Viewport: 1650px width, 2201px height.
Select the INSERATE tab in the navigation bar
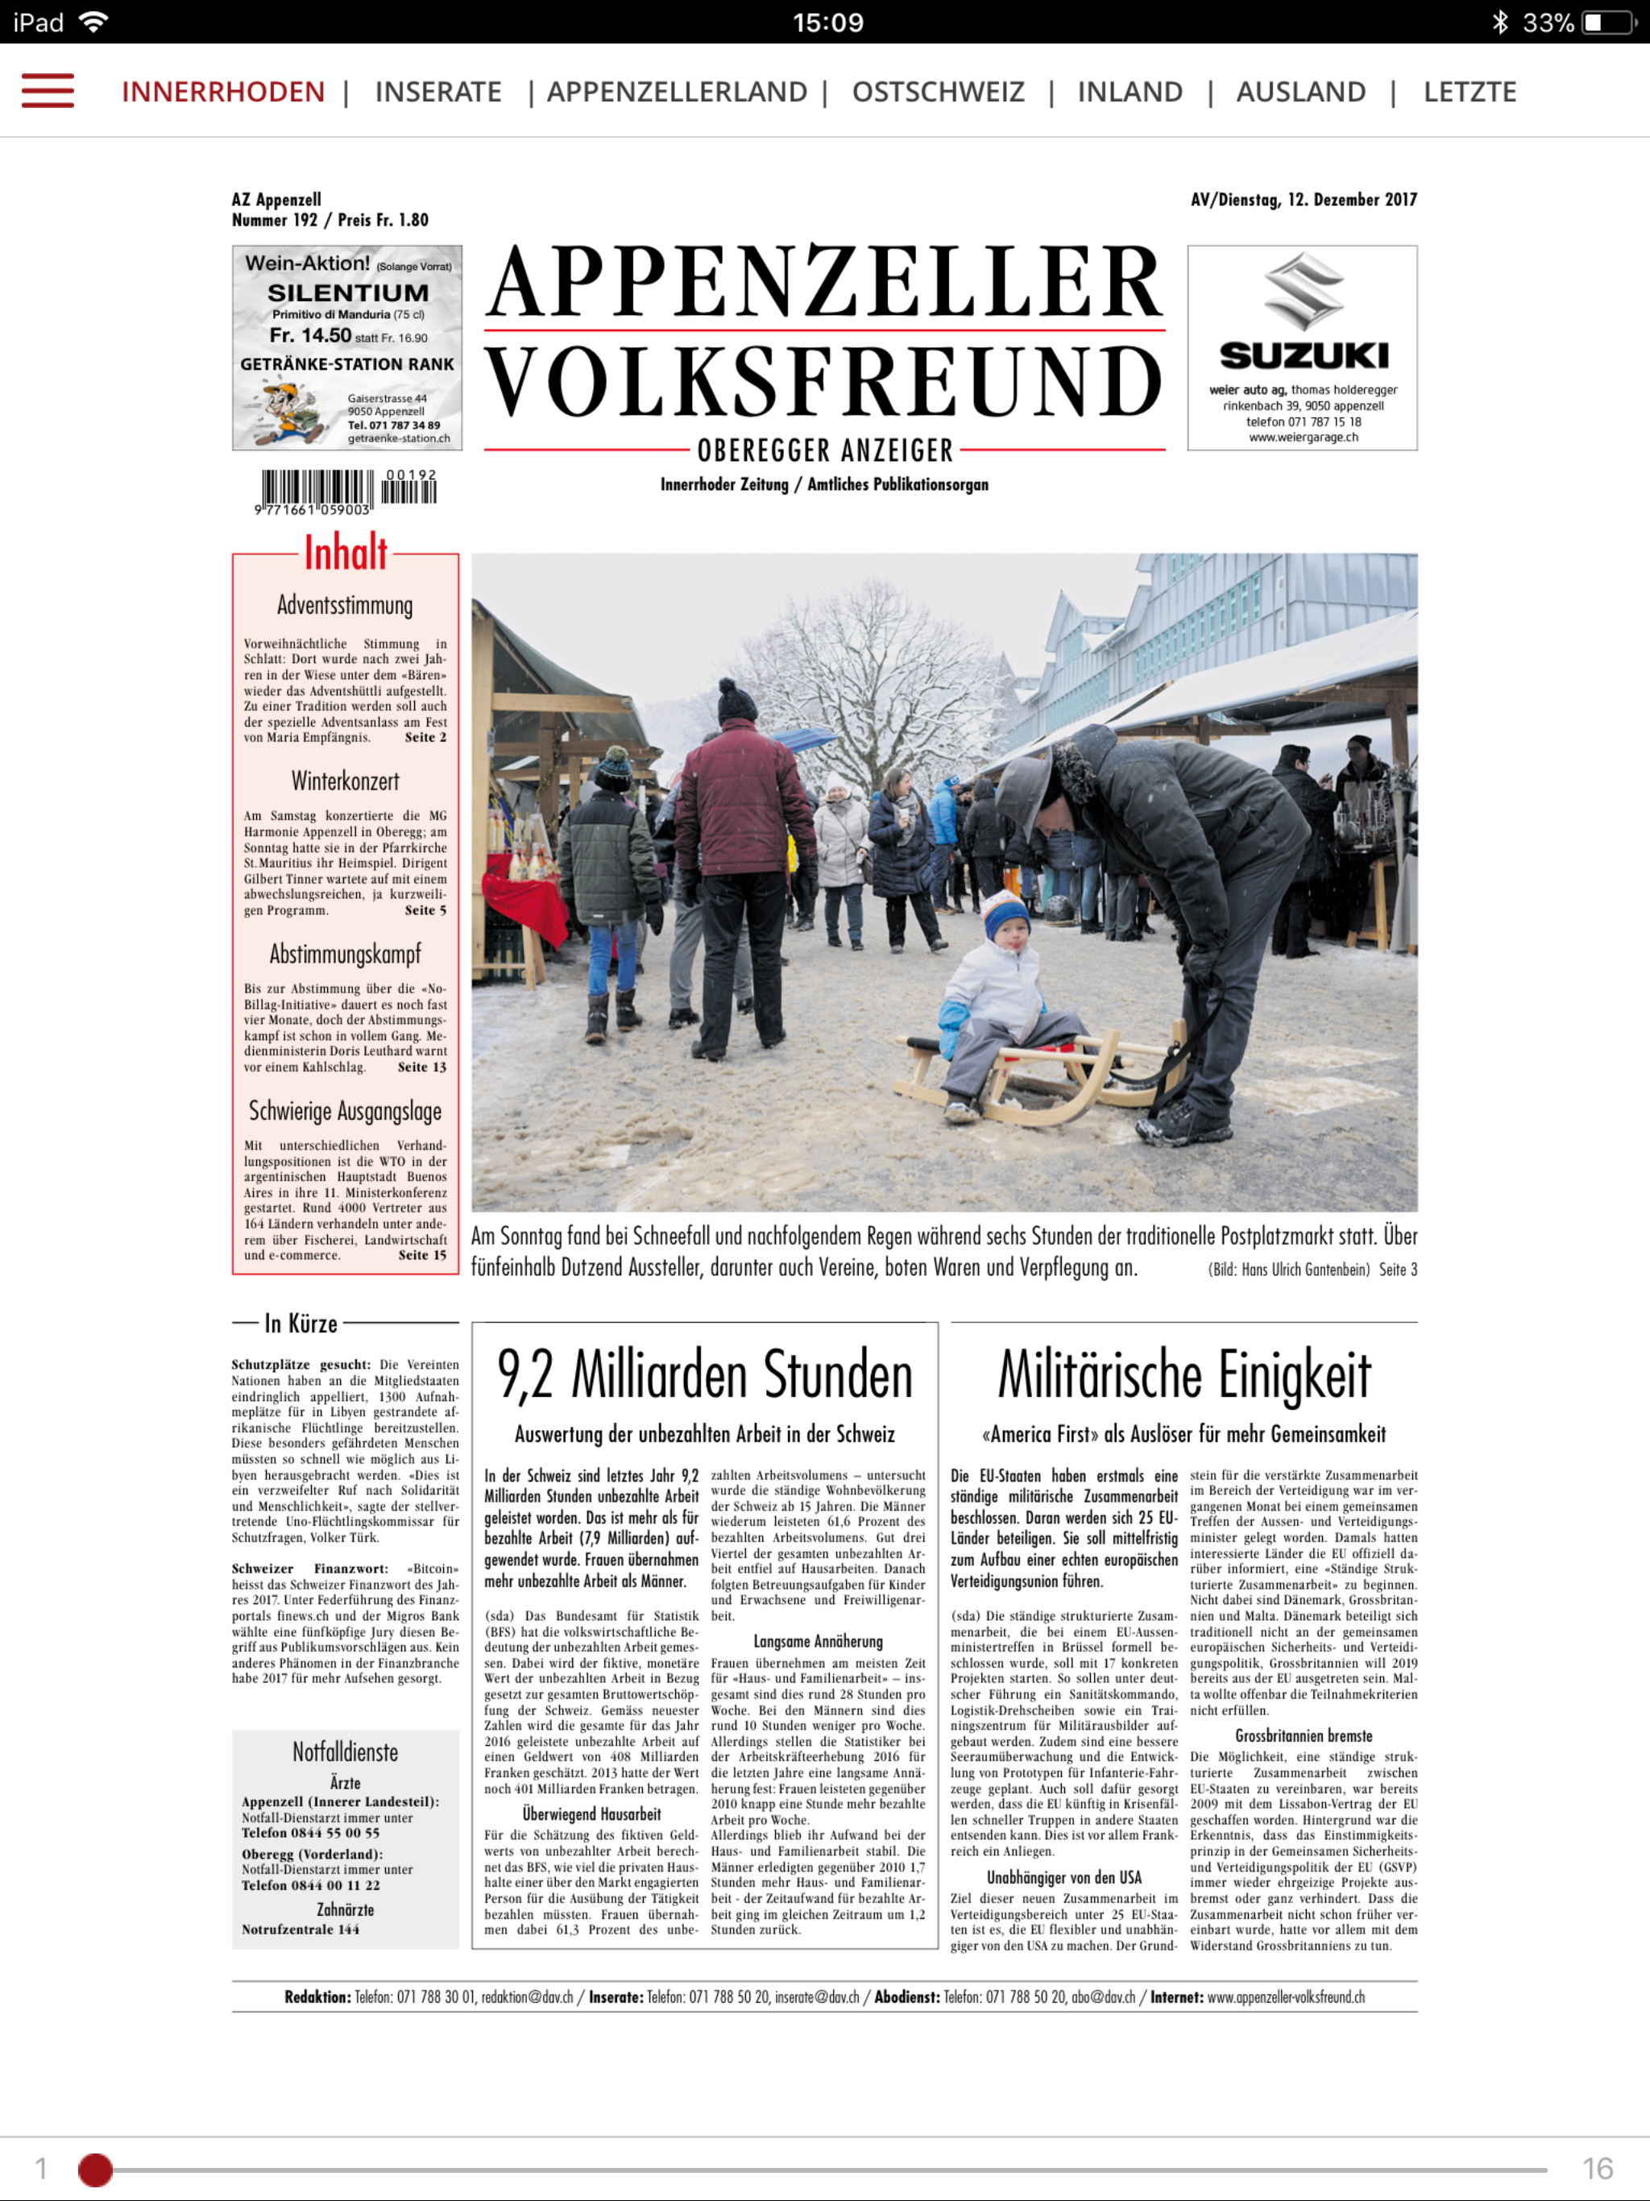click(437, 92)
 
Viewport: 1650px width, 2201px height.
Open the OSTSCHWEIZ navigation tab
click(938, 92)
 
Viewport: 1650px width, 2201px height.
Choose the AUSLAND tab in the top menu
click(1300, 92)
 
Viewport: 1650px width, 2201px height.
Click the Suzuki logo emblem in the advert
click(1303, 292)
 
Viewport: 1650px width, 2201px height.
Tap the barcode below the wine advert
click(346, 491)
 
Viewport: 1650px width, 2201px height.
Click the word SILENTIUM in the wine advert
click(347, 292)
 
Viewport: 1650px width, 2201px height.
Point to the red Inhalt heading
click(346, 553)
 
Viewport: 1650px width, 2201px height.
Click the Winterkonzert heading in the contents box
click(346, 781)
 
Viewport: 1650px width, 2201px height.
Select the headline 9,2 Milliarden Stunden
click(705, 1375)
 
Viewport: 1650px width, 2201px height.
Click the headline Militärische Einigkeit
click(1184, 1375)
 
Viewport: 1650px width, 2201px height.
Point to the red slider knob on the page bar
click(96, 2169)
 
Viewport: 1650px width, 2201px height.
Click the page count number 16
click(1598, 2168)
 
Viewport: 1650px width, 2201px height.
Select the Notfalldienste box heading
click(346, 1752)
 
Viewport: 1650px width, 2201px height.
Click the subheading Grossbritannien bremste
click(1304, 1735)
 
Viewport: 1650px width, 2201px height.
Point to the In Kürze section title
click(301, 1324)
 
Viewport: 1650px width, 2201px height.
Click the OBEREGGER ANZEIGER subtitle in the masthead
click(825, 450)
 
